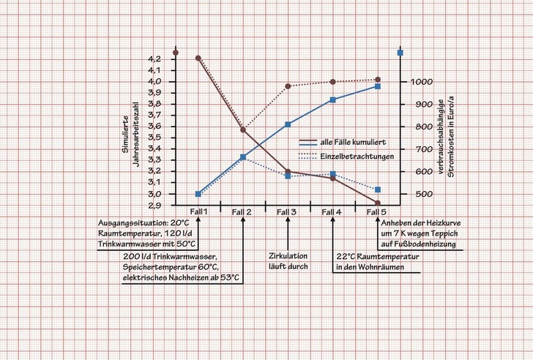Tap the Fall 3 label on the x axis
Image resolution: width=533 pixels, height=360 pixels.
point(286,211)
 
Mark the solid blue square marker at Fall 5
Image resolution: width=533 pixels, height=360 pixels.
point(378,86)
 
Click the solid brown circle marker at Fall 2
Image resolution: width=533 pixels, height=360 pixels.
point(243,130)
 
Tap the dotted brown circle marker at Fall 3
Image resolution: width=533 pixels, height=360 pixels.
point(288,86)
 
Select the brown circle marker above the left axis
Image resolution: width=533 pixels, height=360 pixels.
point(176,53)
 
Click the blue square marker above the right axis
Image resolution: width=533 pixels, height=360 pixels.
point(400,53)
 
